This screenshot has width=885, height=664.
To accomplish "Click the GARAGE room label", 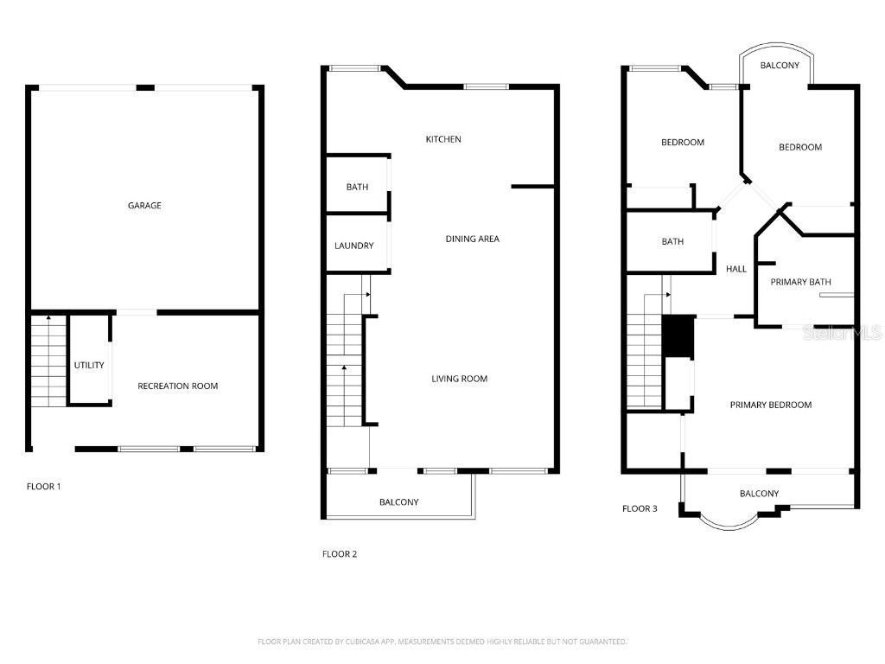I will (144, 206).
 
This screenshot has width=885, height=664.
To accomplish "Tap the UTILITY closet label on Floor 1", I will (89, 365).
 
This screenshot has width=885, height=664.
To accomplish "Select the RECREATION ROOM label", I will (178, 386).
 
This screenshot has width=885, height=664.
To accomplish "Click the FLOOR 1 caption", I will (44, 486).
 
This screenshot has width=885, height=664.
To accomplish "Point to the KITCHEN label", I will (443, 139).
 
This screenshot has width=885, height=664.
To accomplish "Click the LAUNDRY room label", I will (354, 246).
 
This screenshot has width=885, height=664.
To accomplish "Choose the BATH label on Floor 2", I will (357, 187).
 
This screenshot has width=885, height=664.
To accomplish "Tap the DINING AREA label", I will (472, 239).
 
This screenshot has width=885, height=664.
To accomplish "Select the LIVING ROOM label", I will (460, 379).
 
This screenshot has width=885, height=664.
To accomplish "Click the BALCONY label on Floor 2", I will (399, 502).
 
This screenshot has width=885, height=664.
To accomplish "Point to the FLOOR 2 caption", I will (340, 554).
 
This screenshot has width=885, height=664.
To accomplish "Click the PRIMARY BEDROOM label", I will (770, 405).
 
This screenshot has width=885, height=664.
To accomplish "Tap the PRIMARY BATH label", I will (800, 282).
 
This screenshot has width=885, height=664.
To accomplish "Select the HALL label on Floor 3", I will (736, 269).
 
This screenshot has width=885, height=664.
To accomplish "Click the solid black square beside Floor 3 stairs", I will (678, 336).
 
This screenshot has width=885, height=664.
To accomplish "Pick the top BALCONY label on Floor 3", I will (780, 66).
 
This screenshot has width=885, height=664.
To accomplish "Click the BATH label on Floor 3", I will (672, 241).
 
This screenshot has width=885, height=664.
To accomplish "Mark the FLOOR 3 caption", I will (640, 508).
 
